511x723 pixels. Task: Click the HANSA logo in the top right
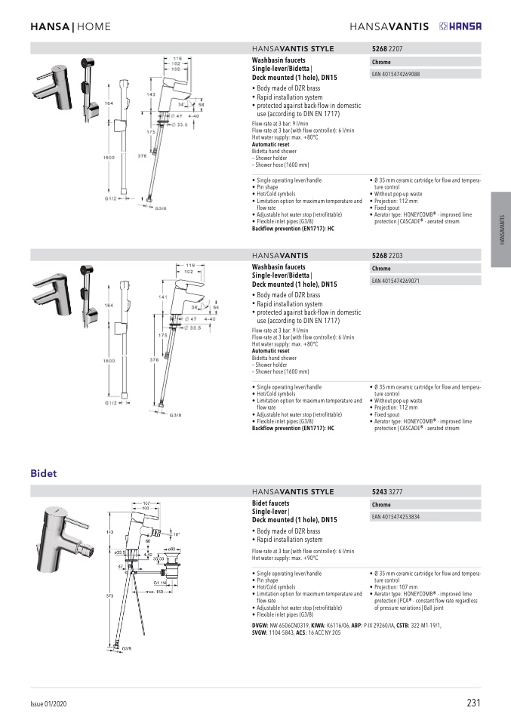[460, 26]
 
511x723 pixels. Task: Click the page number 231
[474, 703]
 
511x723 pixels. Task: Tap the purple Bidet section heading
[44, 474]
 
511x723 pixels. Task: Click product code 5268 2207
[387, 48]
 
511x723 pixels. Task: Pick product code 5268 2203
[387, 256]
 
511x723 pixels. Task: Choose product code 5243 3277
[387, 491]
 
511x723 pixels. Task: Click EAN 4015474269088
[396, 74]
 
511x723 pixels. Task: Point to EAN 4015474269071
[396, 281]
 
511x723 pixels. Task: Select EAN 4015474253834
[396, 517]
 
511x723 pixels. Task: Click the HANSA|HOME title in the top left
[70, 27]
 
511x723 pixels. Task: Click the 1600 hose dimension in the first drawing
[109, 156]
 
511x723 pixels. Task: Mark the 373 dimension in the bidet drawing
[109, 595]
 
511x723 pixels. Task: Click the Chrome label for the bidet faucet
[381, 504]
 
